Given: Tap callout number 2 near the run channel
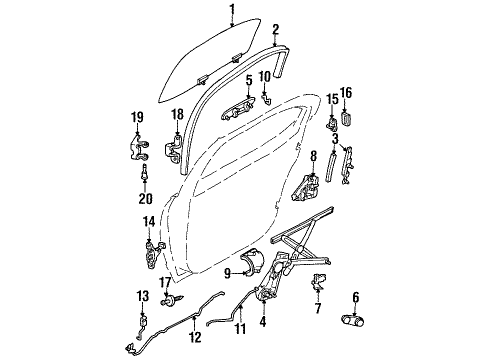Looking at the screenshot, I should tap(275, 30).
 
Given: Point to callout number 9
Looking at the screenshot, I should tap(228, 271).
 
